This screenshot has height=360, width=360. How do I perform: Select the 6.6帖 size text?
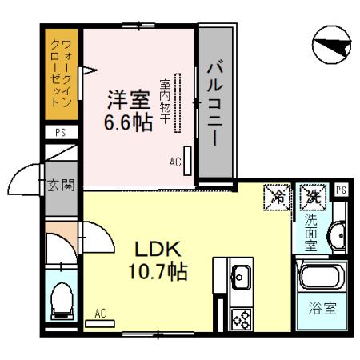point(128,124)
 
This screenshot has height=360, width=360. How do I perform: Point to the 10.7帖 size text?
point(160,271)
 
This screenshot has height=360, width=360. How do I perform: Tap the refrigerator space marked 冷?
point(276,195)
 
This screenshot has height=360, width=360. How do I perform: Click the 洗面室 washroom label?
point(311,231)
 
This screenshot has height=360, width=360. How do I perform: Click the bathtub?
point(322,278)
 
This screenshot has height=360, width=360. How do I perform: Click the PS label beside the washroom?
point(341,190)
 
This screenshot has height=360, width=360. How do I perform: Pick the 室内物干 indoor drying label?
point(164,101)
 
